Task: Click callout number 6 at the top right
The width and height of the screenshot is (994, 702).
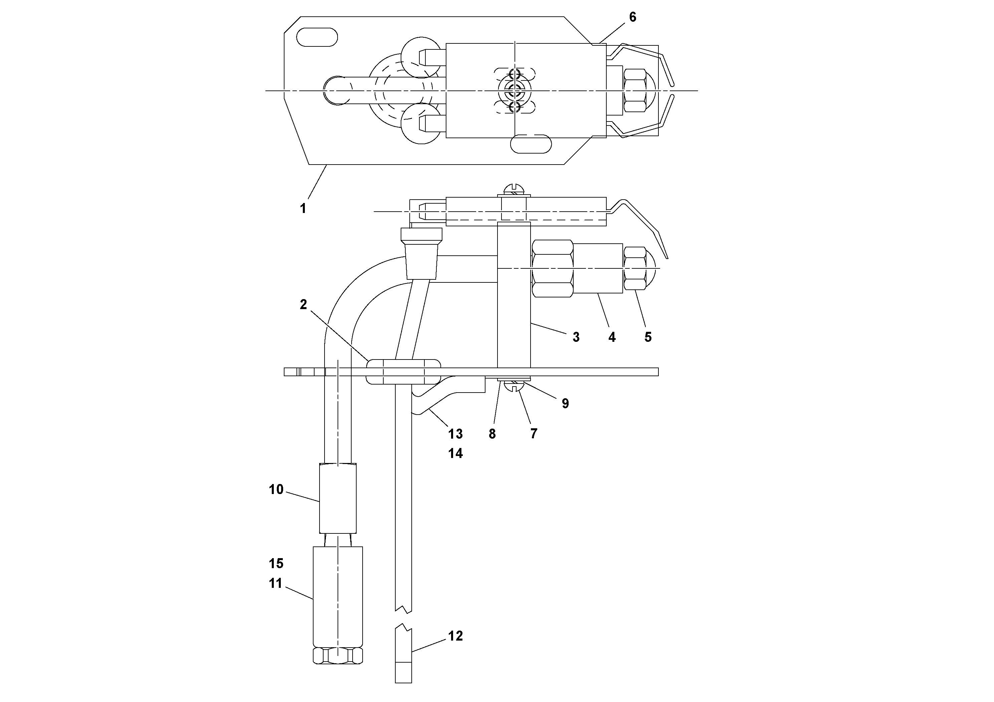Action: [x=632, y=17]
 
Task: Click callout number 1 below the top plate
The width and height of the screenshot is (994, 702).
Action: [x=303, y=208]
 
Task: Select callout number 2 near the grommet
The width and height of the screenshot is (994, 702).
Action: [x=303, y=305]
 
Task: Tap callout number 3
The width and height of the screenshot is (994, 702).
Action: [x=576, y=337]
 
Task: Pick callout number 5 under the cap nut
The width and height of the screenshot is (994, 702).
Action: [x=648, y=337]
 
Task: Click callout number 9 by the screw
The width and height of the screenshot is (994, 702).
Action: [x=565, y=403]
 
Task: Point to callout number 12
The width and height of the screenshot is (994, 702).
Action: [x=455, y=636]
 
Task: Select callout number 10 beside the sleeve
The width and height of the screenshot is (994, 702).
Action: [x=276, y=489]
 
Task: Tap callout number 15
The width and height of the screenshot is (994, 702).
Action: [x=276, y=563]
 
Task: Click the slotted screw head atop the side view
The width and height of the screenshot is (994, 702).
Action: [x=514, y=190]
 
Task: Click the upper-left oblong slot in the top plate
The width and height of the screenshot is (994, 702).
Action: [x=317, y=37]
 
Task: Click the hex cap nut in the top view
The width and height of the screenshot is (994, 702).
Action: [x=635, y=90]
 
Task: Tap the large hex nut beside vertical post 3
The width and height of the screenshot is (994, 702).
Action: [x=552, y=269]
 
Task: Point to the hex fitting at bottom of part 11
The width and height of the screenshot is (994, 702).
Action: [x=338, y=656]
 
